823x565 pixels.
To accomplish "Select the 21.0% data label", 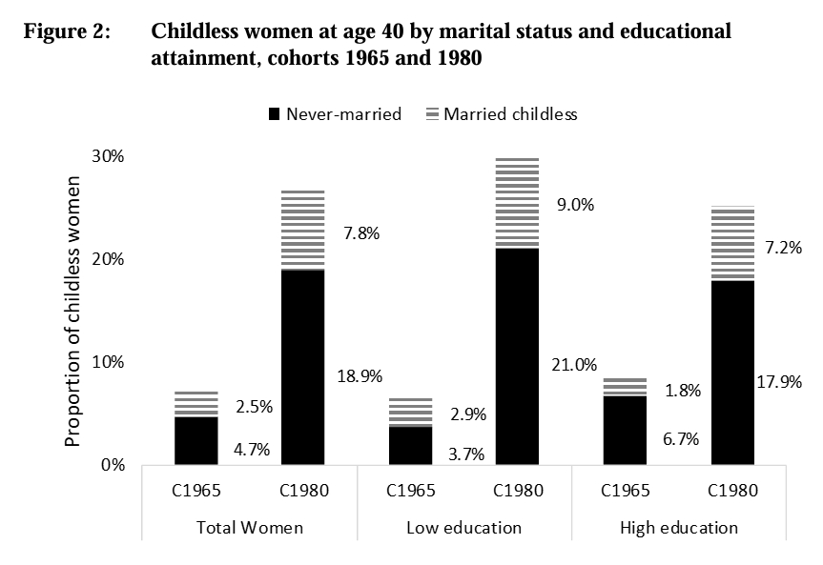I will point(574,365).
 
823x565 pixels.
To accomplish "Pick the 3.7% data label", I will point(466,454).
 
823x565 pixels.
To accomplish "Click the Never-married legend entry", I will point(335,114).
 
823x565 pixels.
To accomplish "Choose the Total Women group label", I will point(250,527).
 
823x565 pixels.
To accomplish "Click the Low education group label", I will point(464,527).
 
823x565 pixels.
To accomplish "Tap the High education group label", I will point(679,527).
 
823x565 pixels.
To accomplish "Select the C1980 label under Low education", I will point(518,492).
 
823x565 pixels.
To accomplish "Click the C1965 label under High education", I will point(626,492).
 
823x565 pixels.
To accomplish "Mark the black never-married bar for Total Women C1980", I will point(303,368).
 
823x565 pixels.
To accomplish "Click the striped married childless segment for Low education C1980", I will point(518,202).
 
